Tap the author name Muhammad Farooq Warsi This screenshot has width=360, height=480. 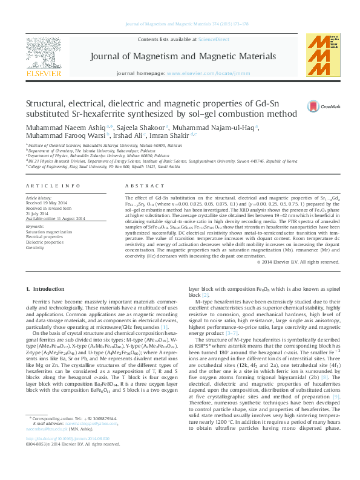point(58,137)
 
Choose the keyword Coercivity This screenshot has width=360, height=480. point(35,247)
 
